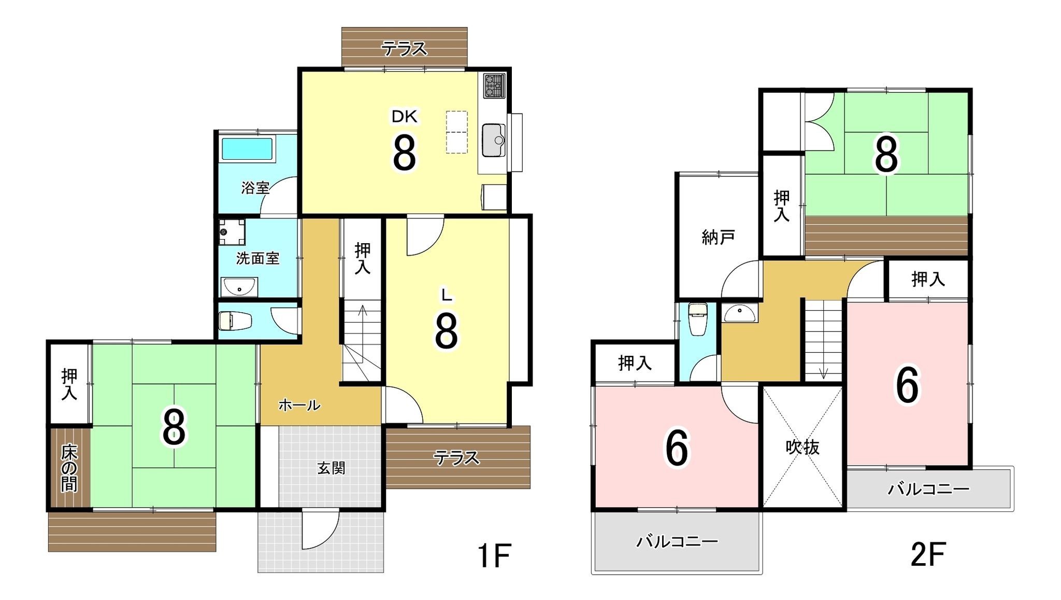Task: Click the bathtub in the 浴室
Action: (247, 149)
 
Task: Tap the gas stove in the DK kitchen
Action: (494, 86)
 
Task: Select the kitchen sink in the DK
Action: (494, 140)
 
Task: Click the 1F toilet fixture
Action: (235, 321)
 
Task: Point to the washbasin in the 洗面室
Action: (239, 286)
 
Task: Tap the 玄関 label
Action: (331, 468)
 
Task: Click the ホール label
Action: (299, 405)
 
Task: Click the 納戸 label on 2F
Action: (718, 237)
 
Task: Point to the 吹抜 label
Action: (802, 446)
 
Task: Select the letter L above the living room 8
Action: (447, 295)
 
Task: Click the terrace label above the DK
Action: (404, 49)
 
